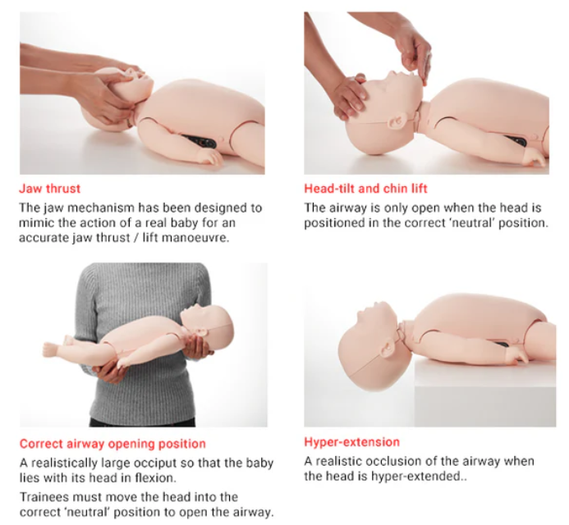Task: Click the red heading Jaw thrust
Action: pyautogui.click(x=50, y=189)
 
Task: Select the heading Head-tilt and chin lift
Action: pyautogui.click(x=365, y=189)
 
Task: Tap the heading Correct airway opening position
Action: pyautogui.click(x=112, y=444)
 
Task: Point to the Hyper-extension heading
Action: pyautogui.click(x=351, y=442)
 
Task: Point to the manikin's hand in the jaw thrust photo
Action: pyautogui.click(x=209, y=157)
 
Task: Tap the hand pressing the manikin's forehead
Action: pyautogui.click(x=348, y=97)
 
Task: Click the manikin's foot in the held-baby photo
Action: pyautogui.click(x=52, y=350)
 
